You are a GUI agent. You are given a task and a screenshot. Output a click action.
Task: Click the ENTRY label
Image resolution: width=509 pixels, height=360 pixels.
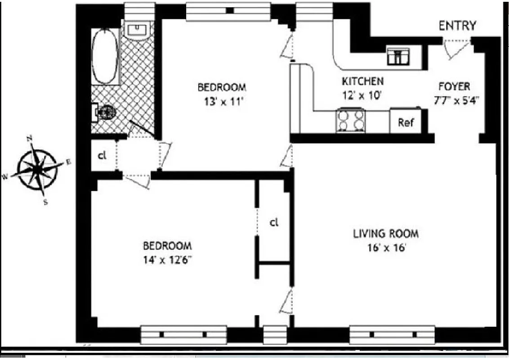[457, 26]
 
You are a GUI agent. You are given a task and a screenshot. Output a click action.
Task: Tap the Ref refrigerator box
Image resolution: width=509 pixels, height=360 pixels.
[406, 122]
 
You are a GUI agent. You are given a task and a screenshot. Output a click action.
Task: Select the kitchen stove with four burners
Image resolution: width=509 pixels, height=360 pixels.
[350, 121]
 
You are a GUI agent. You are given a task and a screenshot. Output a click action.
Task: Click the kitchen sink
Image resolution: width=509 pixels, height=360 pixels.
[398, 56]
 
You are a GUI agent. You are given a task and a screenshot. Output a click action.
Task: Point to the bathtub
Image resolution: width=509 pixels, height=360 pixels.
[105, 56]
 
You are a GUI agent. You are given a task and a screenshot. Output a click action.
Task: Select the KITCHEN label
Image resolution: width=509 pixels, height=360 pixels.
[362, 81]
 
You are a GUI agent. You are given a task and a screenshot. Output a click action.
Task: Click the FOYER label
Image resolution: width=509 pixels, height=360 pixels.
[454, 86]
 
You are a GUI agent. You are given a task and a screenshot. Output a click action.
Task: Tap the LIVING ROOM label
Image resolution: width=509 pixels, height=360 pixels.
[385, 234]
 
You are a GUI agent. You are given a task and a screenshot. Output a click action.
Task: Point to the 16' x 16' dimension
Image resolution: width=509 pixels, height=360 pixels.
[385, 247]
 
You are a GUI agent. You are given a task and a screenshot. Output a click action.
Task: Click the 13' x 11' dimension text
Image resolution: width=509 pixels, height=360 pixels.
[222, 101]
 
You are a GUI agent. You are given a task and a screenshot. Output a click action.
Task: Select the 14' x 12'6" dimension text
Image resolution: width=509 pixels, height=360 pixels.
[167, 260]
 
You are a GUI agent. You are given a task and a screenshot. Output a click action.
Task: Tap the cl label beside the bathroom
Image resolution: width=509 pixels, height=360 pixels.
[102, 156]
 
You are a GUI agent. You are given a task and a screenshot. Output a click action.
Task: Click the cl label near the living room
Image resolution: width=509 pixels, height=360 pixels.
[274, 222]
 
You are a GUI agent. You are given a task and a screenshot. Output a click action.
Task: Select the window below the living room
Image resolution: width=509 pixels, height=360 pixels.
[392, 334]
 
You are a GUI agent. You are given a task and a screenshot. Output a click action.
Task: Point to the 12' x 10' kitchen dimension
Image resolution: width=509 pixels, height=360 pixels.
[362, 95]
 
